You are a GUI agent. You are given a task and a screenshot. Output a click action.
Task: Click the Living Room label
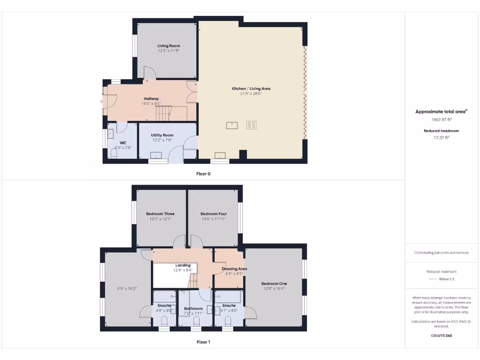tap(168, 46)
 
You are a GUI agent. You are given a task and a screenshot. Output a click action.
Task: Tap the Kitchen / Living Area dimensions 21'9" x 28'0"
tap(251, 94)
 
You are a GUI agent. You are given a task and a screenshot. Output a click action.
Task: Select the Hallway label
tap(151, 99)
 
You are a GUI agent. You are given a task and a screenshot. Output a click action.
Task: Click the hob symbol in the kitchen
tap(252, 125)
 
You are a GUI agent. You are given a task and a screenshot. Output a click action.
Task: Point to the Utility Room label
tap(162, 135)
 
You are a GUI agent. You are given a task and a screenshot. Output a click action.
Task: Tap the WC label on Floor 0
tap(123, 142)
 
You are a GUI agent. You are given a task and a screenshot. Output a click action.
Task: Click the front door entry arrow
tap(101, 101)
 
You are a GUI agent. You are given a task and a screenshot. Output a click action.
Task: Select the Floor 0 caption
tap(203, 173)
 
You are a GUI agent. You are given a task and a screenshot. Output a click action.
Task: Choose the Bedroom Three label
tap(160, 214)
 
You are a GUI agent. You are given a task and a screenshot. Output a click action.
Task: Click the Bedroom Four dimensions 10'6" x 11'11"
tap(213, 219)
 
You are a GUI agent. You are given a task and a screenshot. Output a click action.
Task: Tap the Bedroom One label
tap(274, 284)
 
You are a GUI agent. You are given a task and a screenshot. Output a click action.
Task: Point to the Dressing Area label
tap(234, 269)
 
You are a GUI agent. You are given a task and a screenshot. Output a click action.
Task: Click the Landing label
tap(183, 265)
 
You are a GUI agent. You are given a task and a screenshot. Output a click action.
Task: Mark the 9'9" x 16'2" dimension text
tap(127, 289)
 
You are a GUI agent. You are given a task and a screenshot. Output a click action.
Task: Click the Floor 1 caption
tap(203, 342)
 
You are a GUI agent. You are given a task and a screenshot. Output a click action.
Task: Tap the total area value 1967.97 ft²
tap(441, 120)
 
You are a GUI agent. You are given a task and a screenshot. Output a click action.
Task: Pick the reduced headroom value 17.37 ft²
tap(441, 137)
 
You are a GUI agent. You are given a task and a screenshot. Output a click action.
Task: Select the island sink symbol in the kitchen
tap(232, 125)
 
